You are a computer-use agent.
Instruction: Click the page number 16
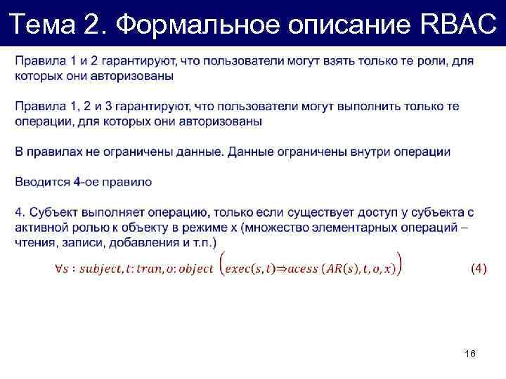[470, 354]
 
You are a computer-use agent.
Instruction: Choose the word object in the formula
[192, 269]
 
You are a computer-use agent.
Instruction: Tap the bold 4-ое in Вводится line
[86, 182]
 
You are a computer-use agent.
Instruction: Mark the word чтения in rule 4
[34, 242]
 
